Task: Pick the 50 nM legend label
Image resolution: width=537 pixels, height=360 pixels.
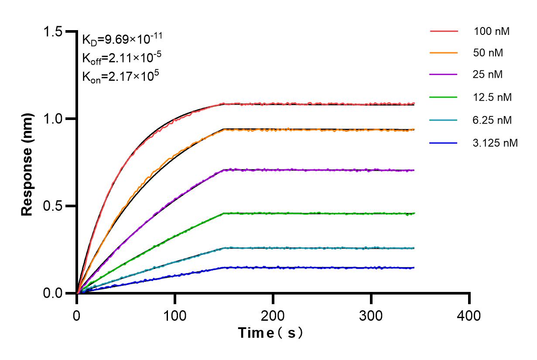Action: tap(488, 53)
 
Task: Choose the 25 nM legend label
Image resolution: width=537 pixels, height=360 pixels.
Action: tap(488, 75)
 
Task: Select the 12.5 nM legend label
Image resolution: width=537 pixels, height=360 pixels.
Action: tap(492, 97)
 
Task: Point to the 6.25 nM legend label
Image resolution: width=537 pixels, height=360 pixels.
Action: tap(492, 120)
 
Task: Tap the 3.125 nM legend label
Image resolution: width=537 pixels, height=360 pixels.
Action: tap(495, 142)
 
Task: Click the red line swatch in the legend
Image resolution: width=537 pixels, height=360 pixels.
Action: tap(444, 31)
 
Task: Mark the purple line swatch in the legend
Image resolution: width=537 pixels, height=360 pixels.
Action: tap(444, 75)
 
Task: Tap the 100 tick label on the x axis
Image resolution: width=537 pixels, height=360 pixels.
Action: tap(175, 315)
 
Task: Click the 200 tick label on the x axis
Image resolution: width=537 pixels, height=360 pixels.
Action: tap(273, 315)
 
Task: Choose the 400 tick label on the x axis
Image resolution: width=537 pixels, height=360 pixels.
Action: tap(469, 315)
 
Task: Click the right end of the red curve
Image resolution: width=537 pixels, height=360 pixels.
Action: tap(414, 104)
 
